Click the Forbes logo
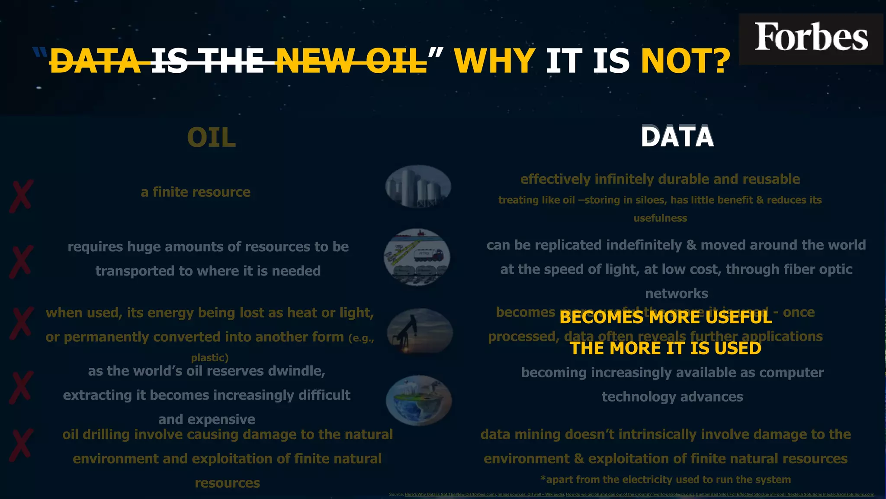(x=811, y=38)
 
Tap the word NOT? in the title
(x=685, y=61)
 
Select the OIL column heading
(x=211, y=138)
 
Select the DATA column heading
(x=677, y=137)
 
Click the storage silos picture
(x=418, y=186)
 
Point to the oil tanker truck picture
(x=417, y=257)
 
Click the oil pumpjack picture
(x=419, y=331)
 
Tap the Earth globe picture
(x=418, y=400)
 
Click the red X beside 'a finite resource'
(x=21, y=197)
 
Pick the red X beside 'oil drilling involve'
(x=21, y=444)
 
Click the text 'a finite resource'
(x=196, y=192)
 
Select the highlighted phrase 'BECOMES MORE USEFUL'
(x=665, y=318)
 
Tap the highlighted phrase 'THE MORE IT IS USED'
(x=665, y=348)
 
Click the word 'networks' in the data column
(x=677, y=294)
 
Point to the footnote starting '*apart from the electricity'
(x=665, y=480)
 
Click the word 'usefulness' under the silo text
(x=660, y=218)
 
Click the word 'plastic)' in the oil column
(x=210, y=358)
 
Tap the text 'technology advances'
(x=672, y=397)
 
